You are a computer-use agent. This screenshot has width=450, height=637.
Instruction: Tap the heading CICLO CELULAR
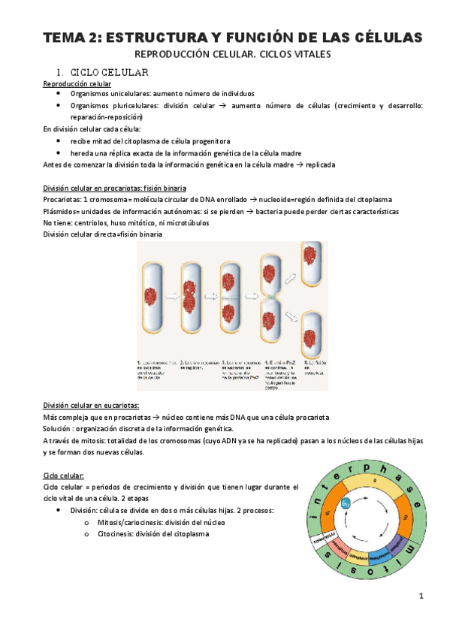pyautogui.click(x=109, y=73)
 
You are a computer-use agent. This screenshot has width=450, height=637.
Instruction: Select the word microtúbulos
pyautogui.click(x=184, y=223)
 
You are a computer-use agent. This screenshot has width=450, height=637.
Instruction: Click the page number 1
pyautogui.click(x=421, y=596)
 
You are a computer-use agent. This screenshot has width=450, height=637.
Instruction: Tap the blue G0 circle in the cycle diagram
pyautogui.click(x=346, y=504)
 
